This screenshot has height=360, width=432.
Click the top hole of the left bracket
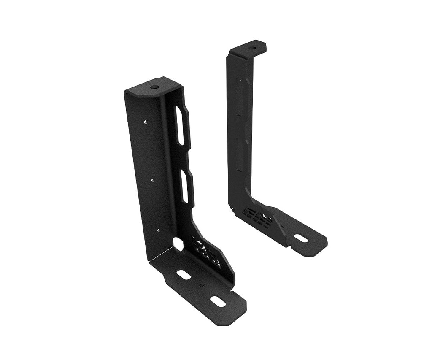tap(154, 87)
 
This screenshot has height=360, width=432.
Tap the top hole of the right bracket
tap(253, 48)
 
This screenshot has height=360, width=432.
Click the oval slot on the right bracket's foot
tap(301, 238)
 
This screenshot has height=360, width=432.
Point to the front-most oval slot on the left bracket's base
tap(217, 301)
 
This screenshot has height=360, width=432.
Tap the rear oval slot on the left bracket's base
tap(184, 274)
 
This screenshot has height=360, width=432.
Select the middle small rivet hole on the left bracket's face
tap(152, 179)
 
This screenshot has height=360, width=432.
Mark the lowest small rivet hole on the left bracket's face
tap(157, 230)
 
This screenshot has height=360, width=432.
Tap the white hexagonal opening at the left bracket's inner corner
tap(178, 244)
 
